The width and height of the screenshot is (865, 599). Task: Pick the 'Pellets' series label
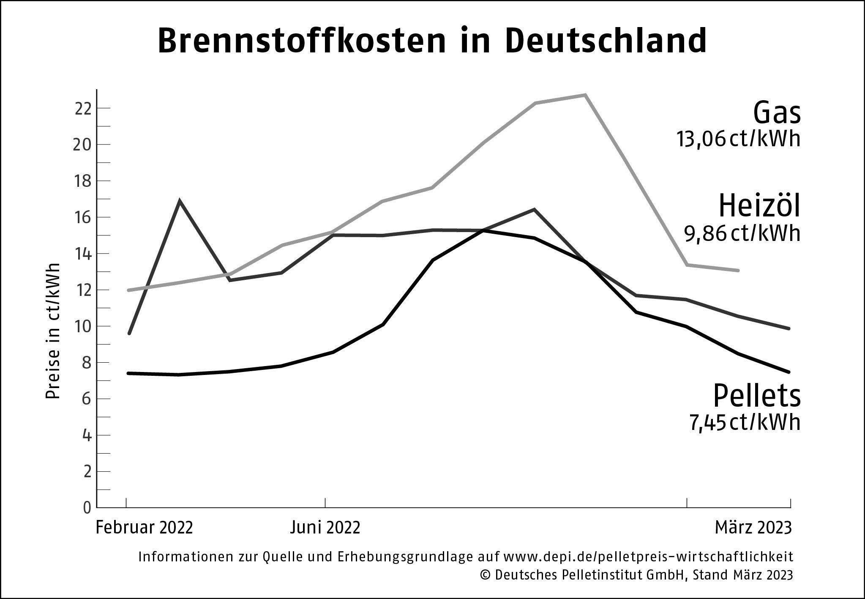(756, 396)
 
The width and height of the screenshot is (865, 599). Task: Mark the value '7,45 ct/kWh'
(745, 422)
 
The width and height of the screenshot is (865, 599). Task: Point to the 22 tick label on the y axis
(83, 109)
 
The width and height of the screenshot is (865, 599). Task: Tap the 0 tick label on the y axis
(87, 508)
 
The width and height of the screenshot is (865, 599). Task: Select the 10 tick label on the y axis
(83, 326)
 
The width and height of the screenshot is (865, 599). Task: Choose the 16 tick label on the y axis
(83, 217)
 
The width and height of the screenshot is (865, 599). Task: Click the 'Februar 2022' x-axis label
(145, 528)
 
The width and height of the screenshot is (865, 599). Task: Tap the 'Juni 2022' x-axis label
(325, 528)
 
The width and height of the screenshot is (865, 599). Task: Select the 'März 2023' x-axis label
(753, 528)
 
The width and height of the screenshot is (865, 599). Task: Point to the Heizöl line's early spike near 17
(180, 201)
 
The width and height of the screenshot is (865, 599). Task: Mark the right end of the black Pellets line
(789, 372)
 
